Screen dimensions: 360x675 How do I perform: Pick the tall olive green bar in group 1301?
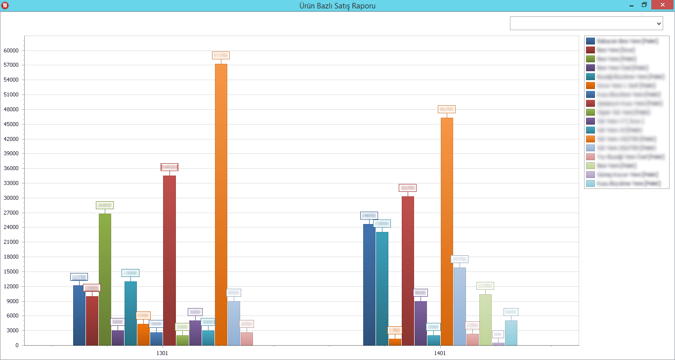(105, 279)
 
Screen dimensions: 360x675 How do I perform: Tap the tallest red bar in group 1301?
(169, 260)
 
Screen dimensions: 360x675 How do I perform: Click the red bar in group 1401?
(408, 270)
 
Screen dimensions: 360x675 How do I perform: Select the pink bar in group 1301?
(247, 339)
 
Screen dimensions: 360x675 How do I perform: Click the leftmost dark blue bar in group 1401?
(369, 284)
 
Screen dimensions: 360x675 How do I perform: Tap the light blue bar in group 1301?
(234, 323)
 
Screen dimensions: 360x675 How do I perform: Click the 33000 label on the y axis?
(11, 183)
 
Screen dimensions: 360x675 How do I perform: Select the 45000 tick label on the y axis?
(11, 124)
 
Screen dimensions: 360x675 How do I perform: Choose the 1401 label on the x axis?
(440, 354)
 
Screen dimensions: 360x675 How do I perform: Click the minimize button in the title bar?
(631, 5)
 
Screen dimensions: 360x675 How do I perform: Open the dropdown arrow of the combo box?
(658, 23)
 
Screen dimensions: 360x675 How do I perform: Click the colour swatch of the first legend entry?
(590, 41)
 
